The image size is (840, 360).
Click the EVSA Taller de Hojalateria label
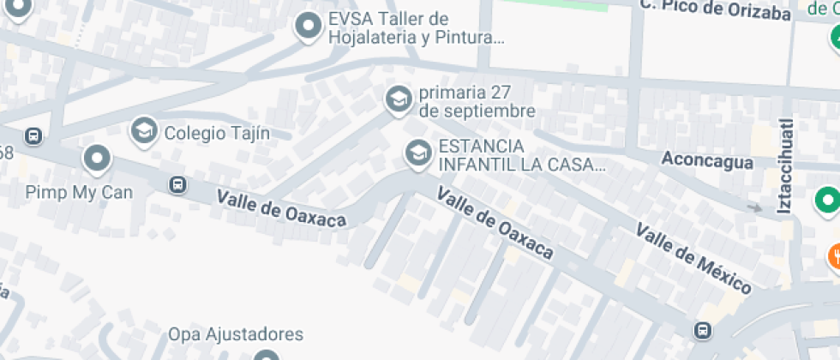(x=416, y=28)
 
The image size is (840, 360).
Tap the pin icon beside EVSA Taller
(x=309, y=27)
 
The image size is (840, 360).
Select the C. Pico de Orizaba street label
(x=714, y=10)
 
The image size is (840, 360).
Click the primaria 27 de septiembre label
(x=477, y=102)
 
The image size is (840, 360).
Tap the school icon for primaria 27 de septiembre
(x=398, y=99)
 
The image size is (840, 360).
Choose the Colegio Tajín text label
(x=217, y=133)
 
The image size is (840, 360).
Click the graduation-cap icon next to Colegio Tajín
(x=143, y=131)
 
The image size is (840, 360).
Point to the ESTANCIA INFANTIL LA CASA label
(x=521, y=155)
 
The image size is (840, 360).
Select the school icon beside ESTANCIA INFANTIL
(x=417, y=153)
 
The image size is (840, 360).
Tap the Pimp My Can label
(x=79, y=192)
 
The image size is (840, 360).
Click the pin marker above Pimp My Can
(x=97, y=159)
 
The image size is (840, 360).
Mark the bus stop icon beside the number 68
(x=33, y=135)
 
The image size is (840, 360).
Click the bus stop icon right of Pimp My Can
(x=177, y=183)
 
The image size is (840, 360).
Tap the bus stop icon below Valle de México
(x=702, y=330)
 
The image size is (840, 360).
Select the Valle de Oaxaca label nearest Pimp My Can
(x=281, y=208)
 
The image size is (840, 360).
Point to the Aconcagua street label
(x=707, y=160)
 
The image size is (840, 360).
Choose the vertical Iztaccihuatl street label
(x=785, y=165)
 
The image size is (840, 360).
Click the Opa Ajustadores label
(x=236, y=334)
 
